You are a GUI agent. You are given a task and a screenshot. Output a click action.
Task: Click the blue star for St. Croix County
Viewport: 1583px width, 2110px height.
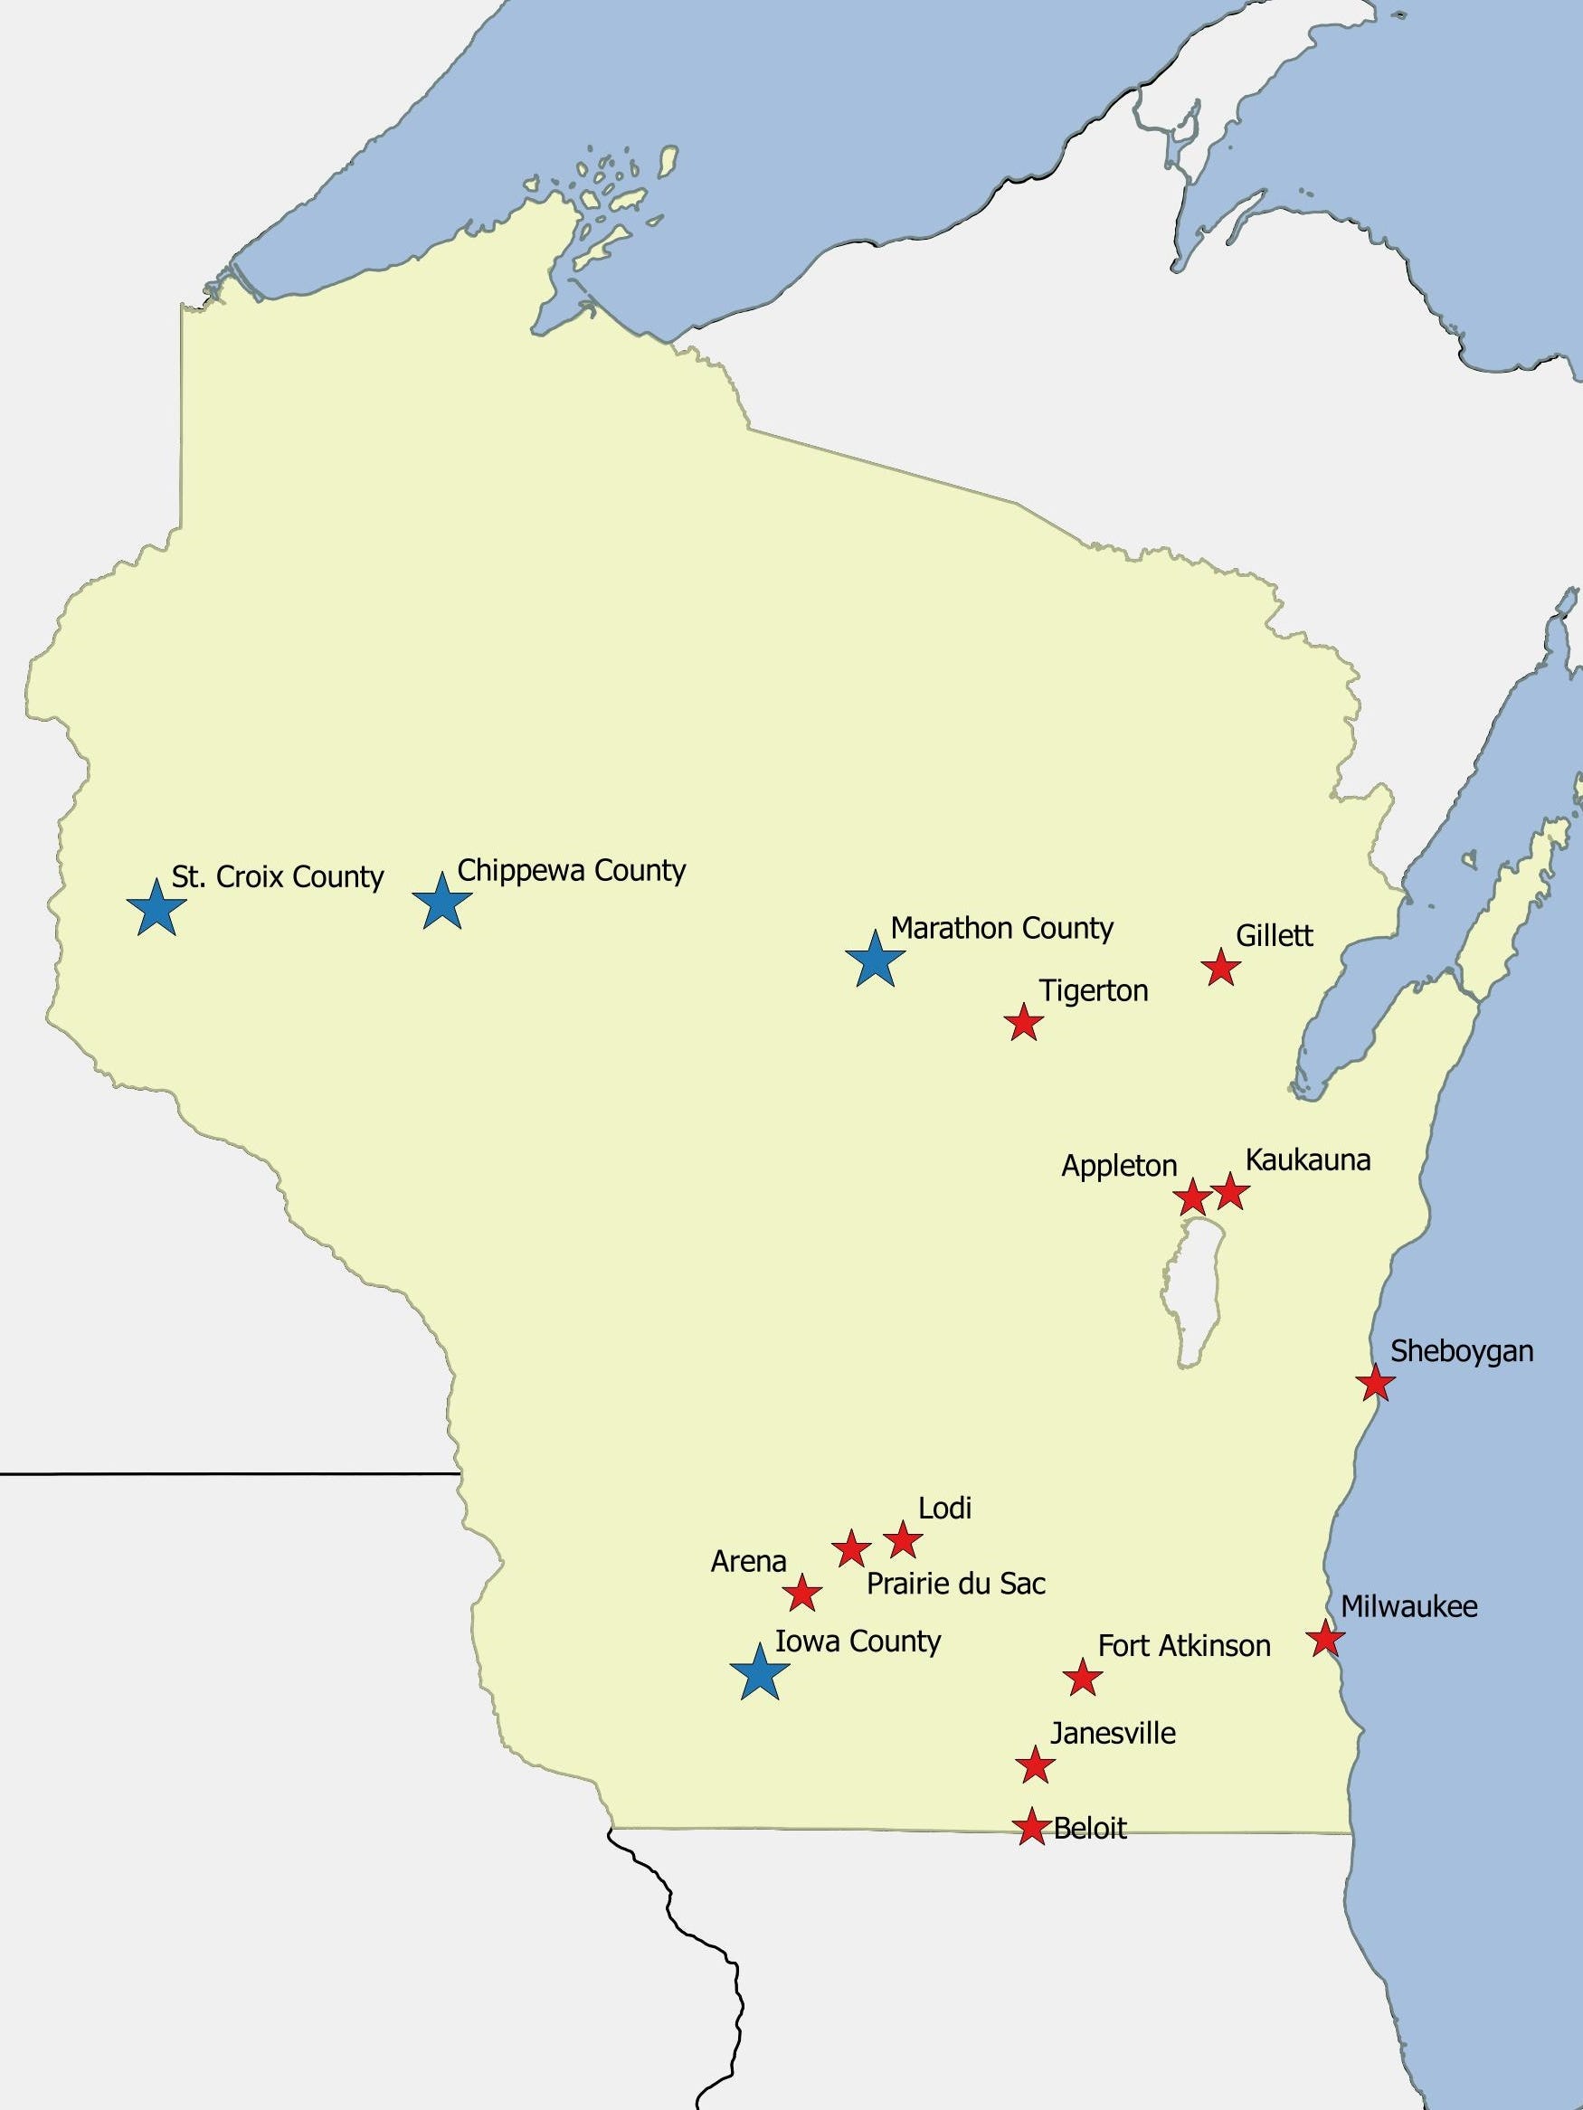[156, 909]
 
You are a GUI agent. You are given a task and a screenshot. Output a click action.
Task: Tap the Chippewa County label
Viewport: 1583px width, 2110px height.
[572, 871]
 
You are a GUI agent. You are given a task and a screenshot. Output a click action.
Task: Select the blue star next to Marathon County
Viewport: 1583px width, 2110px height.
[874, 960]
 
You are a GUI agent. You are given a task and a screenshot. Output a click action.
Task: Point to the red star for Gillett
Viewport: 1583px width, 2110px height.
[1220, 969]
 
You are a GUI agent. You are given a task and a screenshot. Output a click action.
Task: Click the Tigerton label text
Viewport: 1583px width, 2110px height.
[1094, 991]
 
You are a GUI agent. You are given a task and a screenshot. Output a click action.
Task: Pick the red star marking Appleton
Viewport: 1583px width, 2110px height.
[1192, 1197]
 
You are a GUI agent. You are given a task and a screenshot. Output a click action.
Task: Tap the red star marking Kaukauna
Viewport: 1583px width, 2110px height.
[1230, 1191]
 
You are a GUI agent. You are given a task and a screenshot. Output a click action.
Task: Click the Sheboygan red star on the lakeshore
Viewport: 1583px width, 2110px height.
[1374, 1382]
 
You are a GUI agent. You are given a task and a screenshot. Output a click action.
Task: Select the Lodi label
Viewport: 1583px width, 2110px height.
[944, 1508]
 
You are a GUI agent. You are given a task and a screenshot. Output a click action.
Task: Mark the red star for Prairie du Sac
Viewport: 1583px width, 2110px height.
[851, 1549]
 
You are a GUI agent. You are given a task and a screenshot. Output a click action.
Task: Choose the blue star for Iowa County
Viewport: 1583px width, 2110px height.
[760, 1673]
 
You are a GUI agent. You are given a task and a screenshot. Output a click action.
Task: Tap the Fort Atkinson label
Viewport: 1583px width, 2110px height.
[1184, 1645]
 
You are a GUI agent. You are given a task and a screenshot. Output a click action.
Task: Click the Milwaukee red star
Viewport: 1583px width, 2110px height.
[1324, 1639]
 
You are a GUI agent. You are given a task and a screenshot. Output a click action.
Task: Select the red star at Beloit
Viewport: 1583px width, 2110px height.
[1030, 1827]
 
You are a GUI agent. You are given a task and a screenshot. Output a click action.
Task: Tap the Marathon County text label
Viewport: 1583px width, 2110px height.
[1002, 928]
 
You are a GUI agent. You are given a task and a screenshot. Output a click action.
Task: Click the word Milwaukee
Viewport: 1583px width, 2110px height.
[1408, 1606]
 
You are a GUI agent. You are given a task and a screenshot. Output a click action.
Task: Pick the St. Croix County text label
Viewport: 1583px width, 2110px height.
[278, 876]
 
